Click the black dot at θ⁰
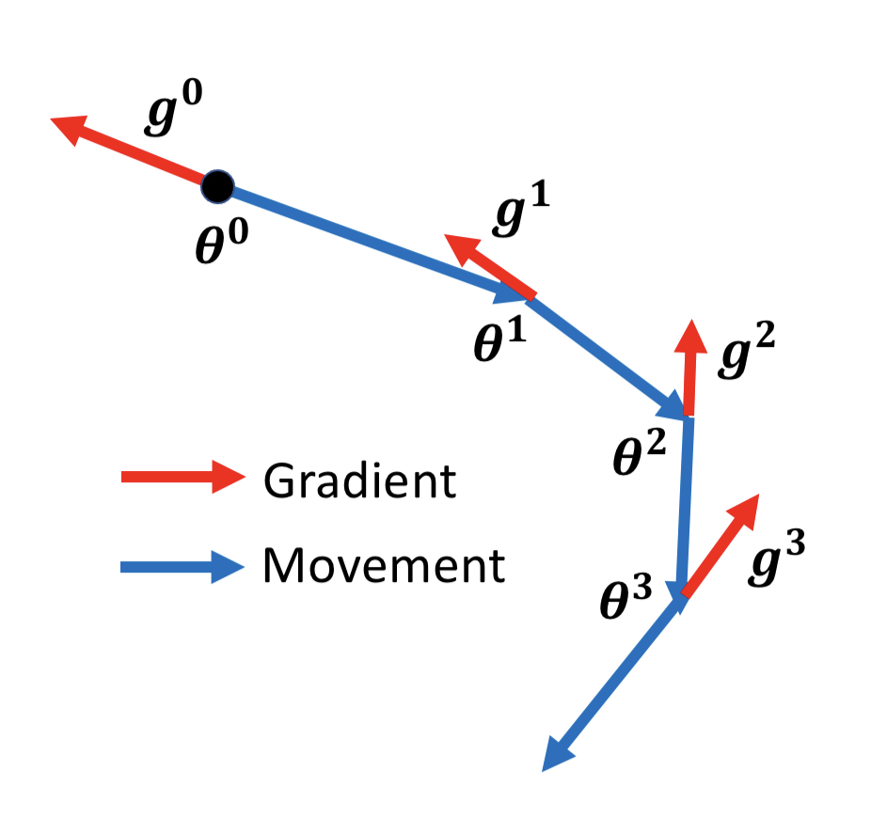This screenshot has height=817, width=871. point(217,186)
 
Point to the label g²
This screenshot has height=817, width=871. point(746,354)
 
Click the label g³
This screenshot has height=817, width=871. point(777,561)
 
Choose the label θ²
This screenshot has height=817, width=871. point(641,452)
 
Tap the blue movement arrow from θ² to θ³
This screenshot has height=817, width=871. point(684,508)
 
